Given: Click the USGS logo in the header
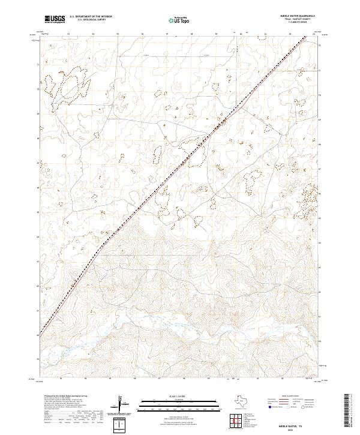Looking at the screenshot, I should pyautogui.click(x=55, y=20).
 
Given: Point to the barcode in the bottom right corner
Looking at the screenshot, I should pyautogui.click(x=352, y=413).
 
